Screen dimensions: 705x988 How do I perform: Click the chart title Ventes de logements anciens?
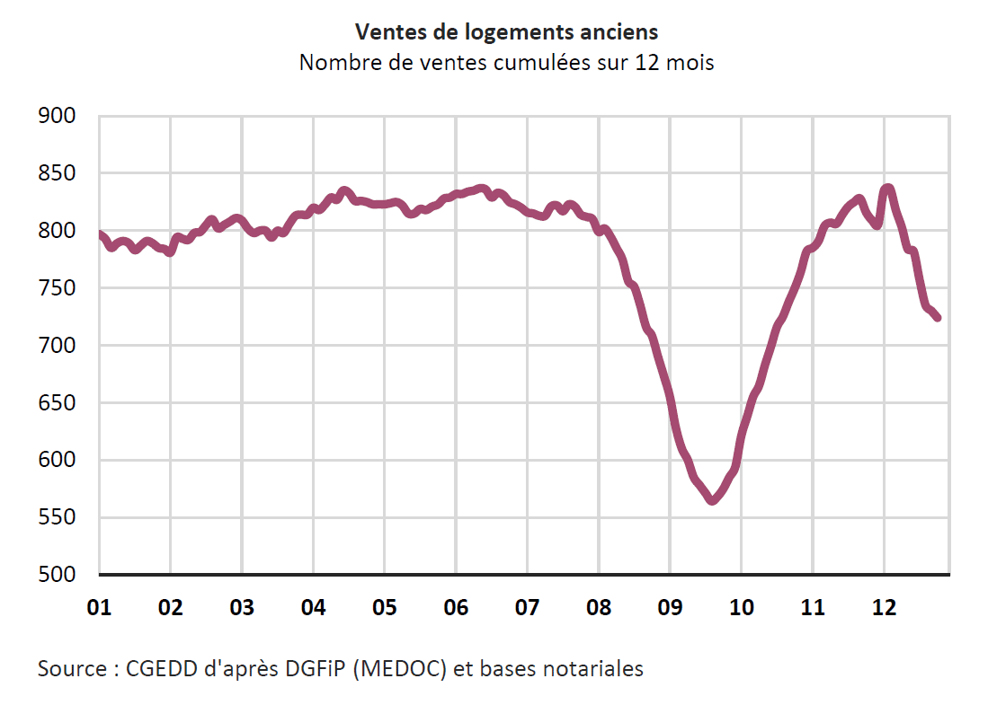tap(506, 32)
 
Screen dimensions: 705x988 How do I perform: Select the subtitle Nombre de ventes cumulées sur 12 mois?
tap(506, 64)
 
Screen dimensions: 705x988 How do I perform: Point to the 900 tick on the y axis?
tap(57, 116)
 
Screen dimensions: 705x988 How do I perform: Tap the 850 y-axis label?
tap(57, 173)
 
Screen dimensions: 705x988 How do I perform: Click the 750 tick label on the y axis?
tap(57, 288)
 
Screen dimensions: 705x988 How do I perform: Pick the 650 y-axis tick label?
tap(57, 403)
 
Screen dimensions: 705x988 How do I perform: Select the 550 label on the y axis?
tap(57, 518)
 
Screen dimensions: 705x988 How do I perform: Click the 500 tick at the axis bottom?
tap(57, 575)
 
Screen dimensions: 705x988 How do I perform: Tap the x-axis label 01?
tap(99, 608)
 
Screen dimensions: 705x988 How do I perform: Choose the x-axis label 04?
tap(313, 608)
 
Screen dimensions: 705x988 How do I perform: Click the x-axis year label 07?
tap(527, 608)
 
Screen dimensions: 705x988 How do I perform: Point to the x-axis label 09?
tap(670, 608)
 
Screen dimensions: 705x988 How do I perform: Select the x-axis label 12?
tap(885, 608)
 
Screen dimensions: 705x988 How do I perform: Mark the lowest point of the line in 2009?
tap(712, 500)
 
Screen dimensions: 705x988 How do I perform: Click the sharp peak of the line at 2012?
tap(888, 188)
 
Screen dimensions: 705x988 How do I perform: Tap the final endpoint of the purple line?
tap(938, 318)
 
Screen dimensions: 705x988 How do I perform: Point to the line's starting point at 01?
tap(100, 234)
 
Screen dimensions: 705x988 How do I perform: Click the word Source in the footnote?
tap(69, 669)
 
